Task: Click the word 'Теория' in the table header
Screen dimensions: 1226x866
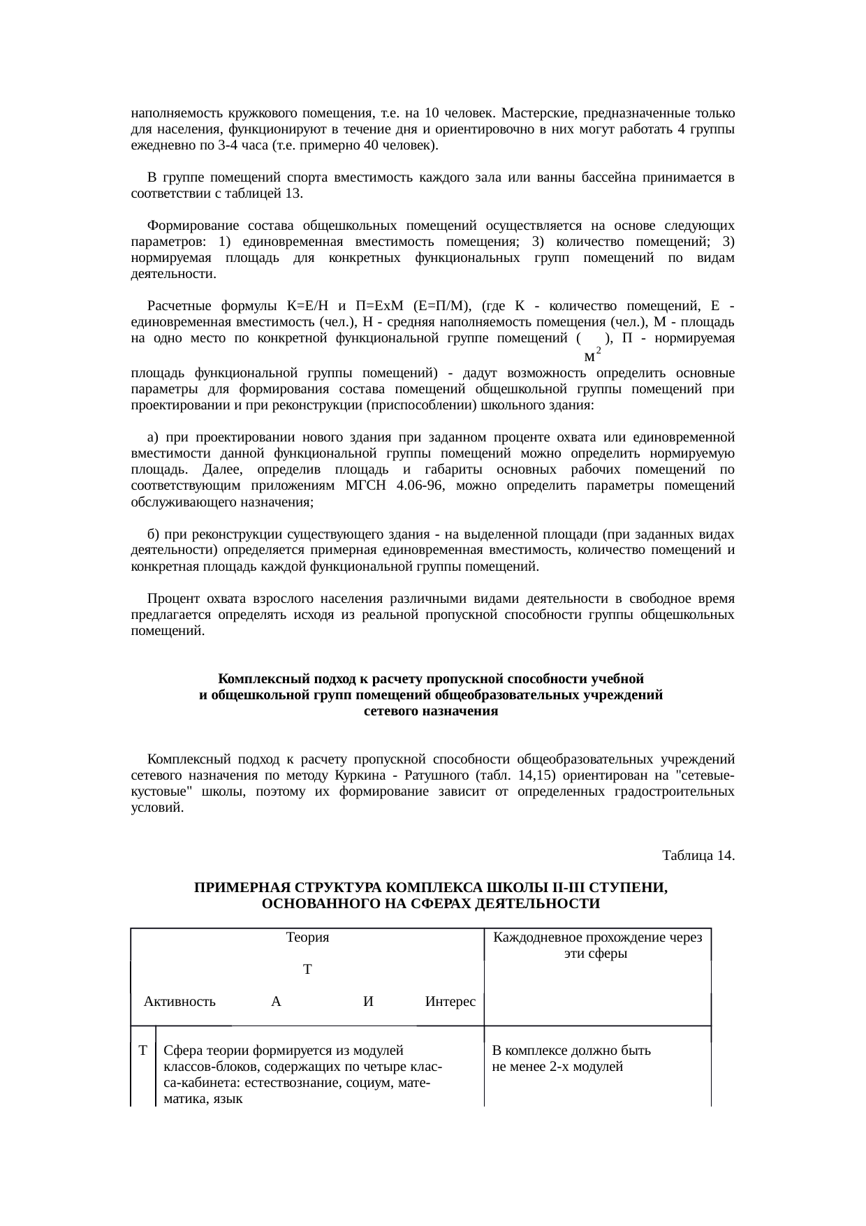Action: pyautogui.click(x=307, y=937)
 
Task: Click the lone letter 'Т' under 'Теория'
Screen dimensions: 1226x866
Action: pyautogui.click(x=307, y=970)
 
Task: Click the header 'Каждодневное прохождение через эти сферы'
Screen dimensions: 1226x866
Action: pyautogui.click(x=597, y=945)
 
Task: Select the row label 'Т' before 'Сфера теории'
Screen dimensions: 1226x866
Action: pyautogui.click(x=142, y=1051)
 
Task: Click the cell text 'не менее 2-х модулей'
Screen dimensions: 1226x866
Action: pyautogui.click(x=557, y=1067)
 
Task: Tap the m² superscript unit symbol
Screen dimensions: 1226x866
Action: pyautogui.click(x=592, y=356)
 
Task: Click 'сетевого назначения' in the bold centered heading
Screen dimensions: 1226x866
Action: pyautogui.click(x=431, y=711)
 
